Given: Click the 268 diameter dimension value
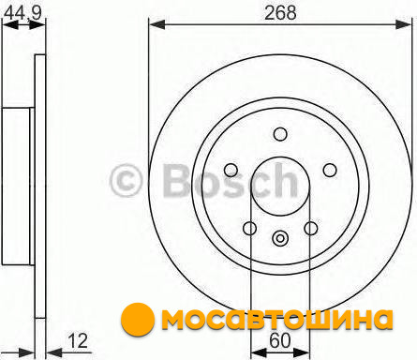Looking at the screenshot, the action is (280, 13).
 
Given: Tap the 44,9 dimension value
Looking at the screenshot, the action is (23, 13).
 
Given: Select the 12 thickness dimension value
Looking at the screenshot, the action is (78, 341).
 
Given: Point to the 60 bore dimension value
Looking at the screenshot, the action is (280, 340).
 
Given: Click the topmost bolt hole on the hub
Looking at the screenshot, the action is (280, 134).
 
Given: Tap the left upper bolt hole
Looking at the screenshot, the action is (231, 170).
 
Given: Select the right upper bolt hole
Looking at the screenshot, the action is (330, 170).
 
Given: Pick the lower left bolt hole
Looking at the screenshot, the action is (249, 228).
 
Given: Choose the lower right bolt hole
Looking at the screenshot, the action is (311, 228).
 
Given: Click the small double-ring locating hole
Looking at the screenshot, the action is (280, 239).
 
